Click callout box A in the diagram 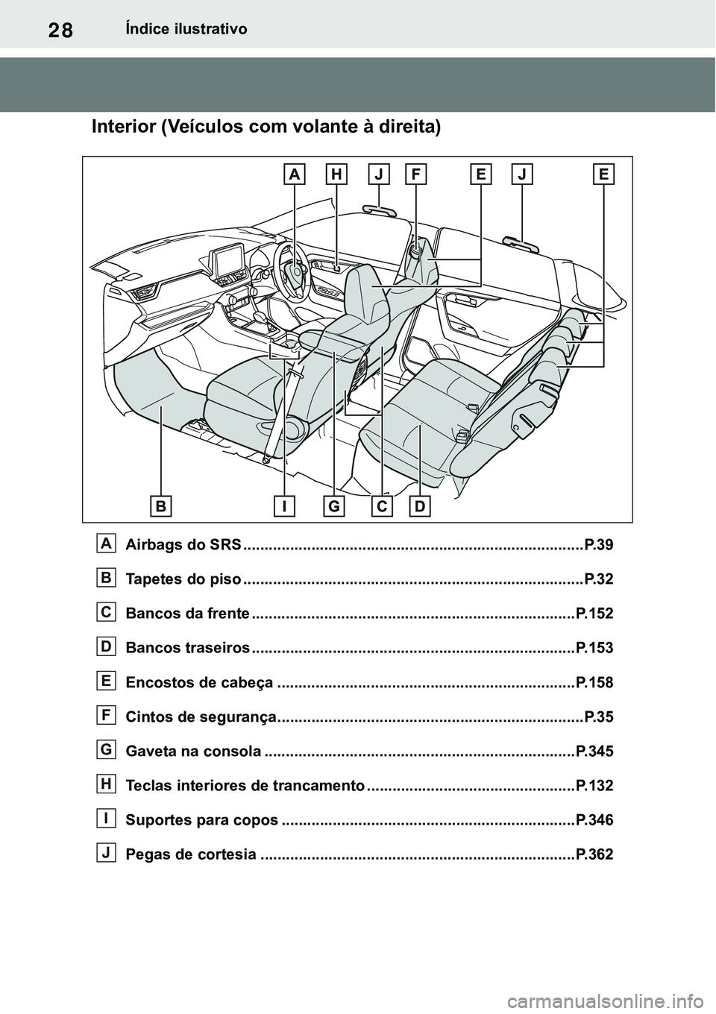tap(295, 174)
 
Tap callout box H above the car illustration tap(336, 174)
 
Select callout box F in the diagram tap(415, 174)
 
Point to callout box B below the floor tap(161, 507)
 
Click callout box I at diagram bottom tap(284, 507)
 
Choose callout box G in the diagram tap(333, 507)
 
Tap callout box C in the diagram tap(381, 507)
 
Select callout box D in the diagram tap(420, 507)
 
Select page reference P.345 tap(594, 752)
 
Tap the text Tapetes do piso tap(183, 579)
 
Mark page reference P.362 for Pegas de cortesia tap(594, 854)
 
